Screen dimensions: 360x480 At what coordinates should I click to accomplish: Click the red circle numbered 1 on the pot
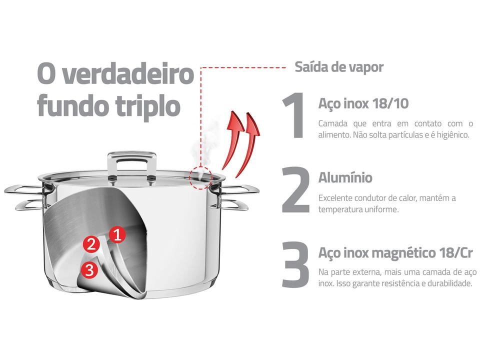[x=117, y=234]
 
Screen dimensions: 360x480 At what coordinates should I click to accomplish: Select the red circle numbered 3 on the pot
[x=89, y=270]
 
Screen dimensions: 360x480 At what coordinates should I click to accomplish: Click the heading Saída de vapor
[x=339, y=67]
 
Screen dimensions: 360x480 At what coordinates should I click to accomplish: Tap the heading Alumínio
[x=345, y=177]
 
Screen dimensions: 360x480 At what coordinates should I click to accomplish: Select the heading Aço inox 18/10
[x=363, y=103]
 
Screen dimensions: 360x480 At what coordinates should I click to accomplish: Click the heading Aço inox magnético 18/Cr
[x=395, y=253]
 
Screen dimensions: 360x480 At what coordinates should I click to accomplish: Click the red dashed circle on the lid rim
[x=201, y=177]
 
